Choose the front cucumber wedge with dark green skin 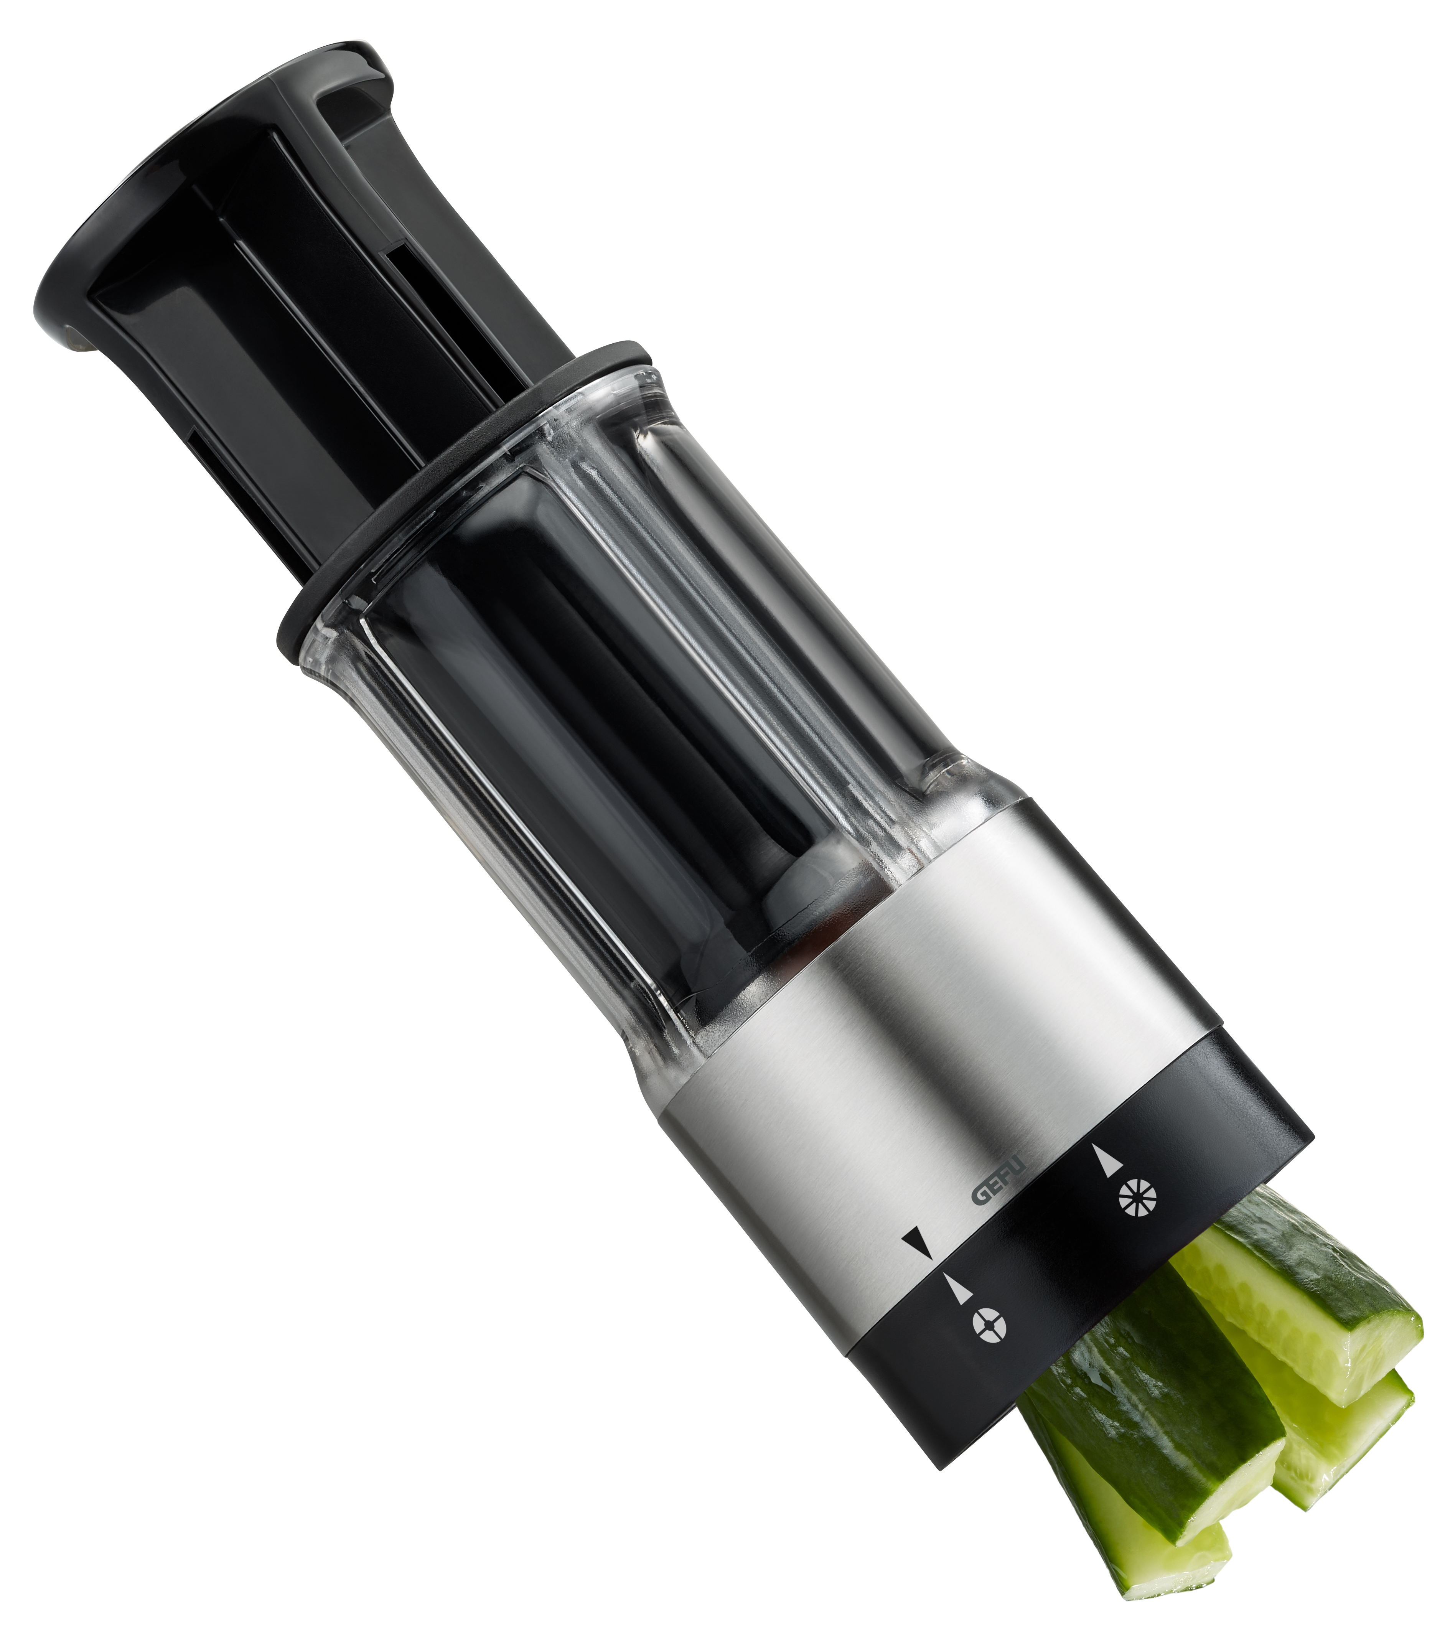(x=1149, y=1428)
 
